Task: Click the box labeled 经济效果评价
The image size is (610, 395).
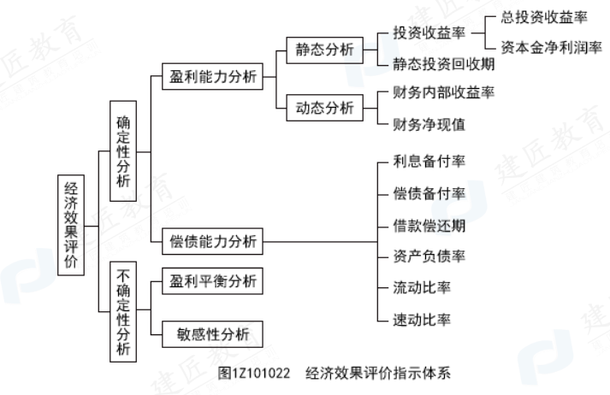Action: (71, 224)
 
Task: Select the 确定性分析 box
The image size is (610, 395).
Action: (124, 152)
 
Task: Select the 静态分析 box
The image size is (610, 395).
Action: (323, 49)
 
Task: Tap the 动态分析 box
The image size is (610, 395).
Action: (323, 108)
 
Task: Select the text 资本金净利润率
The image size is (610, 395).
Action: (544, 48)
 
